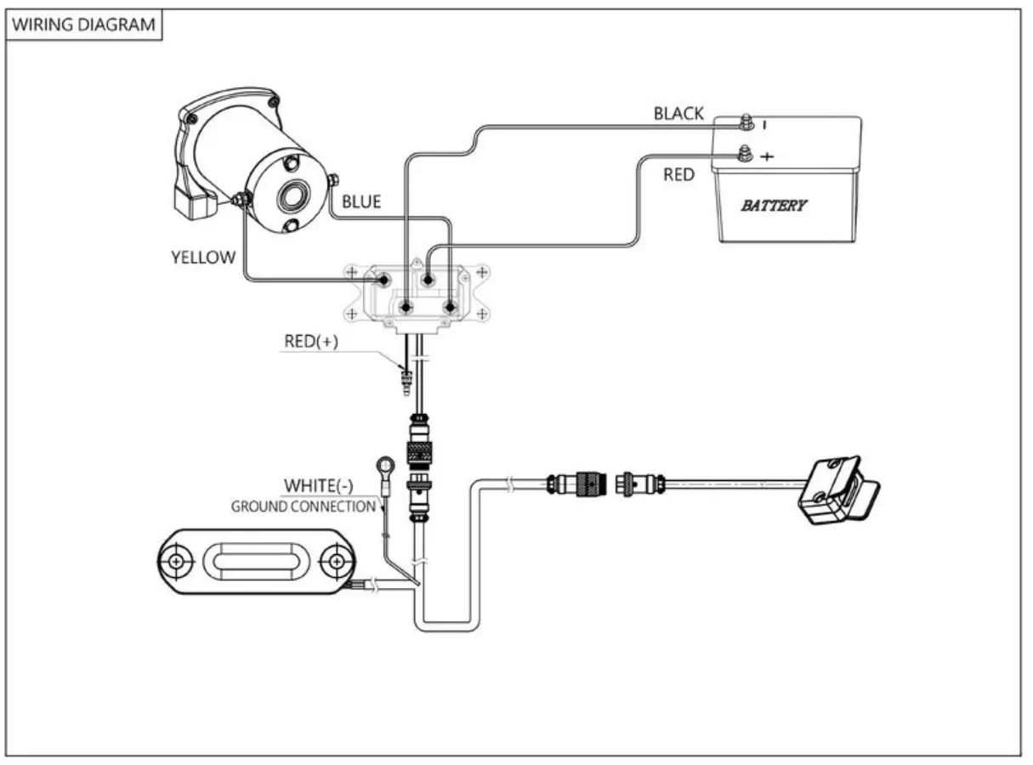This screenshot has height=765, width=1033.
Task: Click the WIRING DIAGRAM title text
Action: tap(84, 24)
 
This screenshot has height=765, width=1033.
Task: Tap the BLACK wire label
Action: tap(678, 114)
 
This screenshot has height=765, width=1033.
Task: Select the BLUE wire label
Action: tap(361, 201)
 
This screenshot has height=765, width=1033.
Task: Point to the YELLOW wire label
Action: tap(203, 258)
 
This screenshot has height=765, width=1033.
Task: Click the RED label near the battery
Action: tap(678, 174)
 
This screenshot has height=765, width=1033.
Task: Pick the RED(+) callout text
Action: tap(311, 342)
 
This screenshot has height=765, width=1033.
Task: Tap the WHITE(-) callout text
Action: tap(319, 485)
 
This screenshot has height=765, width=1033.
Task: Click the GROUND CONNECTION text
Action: tap(304, 507)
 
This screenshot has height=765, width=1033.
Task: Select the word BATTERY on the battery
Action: tap(774, 206)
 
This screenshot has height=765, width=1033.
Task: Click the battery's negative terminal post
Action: tap(746, 122)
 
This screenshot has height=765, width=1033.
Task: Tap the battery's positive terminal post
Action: tap(745, 153)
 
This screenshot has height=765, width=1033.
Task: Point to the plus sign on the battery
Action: tap(767, 156)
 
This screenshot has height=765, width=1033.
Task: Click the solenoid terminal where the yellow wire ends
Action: tap(383, 280)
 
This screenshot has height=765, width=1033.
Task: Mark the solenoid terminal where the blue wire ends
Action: tap(450, 308)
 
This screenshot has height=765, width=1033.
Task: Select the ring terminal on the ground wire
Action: tap(385, 466)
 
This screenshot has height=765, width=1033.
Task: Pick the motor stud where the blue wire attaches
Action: tap(333, 180)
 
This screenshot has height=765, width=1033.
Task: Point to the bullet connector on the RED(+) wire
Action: tap(406, 381)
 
